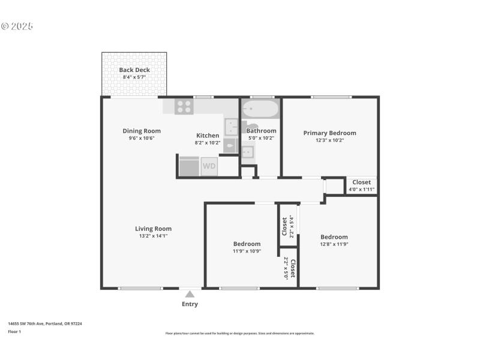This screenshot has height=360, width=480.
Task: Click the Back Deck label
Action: (x=134, y=70)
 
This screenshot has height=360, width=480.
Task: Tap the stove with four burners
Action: (x=184, y=107)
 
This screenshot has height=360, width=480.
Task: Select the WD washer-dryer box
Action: (x=209, y=166)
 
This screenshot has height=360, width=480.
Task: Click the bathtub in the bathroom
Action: (x=260, y=109)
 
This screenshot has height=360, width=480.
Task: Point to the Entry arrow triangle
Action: (x=190, y=294)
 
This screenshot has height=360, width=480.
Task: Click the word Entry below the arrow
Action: (x=190, y=304)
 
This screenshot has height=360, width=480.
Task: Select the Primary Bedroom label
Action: (x=329, y=133)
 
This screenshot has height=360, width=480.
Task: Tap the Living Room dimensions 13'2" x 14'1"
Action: (x=153, y=236)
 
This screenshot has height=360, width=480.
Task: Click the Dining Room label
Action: (x=142, y=131)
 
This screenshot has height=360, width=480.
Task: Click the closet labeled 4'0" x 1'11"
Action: (x=361, y=190)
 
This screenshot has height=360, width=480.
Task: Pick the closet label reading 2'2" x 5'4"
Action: (x=292, y=227)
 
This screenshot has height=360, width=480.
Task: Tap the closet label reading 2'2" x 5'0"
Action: (x=286, y=268)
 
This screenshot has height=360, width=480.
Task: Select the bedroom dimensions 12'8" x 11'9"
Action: (x=334, y=245)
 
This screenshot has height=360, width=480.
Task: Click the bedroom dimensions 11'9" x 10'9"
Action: (x=247, y=251)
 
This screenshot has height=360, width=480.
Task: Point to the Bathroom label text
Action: (x=261, y=131)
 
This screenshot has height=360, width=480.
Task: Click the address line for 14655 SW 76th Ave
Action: (x=45, y=323)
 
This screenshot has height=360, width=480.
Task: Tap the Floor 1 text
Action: (x=14, y=331)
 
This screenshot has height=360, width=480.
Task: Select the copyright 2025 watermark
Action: (x=17, y=26)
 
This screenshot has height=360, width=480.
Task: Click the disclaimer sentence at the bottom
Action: (x=240, y=334)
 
